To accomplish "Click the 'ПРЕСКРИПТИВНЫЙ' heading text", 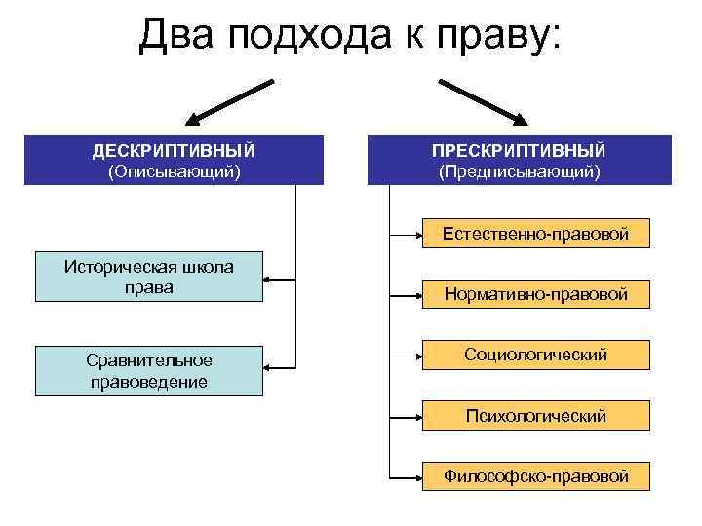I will point(520,151).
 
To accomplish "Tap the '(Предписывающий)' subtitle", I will point(520,171).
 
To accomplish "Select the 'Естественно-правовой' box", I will point(534,234).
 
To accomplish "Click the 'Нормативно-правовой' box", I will point(534,293).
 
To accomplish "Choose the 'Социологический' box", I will point(534,355).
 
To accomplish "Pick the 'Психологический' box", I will point(534,416).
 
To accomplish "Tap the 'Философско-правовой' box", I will point(534,476).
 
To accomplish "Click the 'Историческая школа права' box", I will point(148,277).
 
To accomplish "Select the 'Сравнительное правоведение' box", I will point(148,371).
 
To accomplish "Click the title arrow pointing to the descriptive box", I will point(228,102).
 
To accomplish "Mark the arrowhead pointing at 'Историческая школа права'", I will point(269,282).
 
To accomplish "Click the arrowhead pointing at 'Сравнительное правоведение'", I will point(269,369).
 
